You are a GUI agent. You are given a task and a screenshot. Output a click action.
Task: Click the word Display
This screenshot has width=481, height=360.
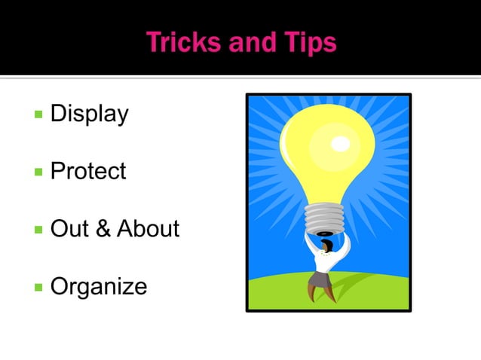tap(89, 114)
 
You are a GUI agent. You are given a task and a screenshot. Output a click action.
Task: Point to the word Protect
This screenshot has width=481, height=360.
tap(87, 172)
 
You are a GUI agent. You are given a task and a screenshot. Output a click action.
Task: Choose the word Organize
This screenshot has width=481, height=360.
tap(98, 286)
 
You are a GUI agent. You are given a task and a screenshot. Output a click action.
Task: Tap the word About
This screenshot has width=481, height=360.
tap(148, 229)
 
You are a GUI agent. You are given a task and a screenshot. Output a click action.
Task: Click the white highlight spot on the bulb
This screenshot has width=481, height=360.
tap(341, 142)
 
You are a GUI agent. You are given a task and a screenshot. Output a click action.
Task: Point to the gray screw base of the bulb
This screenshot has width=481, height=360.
tap(324, 219)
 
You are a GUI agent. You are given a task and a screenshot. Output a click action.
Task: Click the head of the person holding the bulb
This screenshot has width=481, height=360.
tap(326, 246)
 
